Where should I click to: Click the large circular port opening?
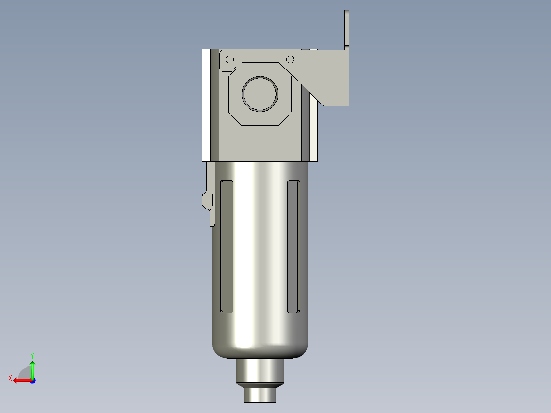pos(260,94)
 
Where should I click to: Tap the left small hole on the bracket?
pos(229,59)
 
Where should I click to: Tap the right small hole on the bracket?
pos(290,59)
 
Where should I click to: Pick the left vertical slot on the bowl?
pos(226,246)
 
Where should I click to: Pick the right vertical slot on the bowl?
pos(293,246)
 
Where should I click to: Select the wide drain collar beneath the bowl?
pos(260,371)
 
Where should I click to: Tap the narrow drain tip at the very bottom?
pos(260,395)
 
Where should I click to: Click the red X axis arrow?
pos(21,380)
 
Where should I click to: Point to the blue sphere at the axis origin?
pos(32,380)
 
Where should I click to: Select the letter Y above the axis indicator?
pos(32,354)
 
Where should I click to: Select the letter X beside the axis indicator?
pos(10,378)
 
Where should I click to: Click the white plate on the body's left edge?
pos(206,105)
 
